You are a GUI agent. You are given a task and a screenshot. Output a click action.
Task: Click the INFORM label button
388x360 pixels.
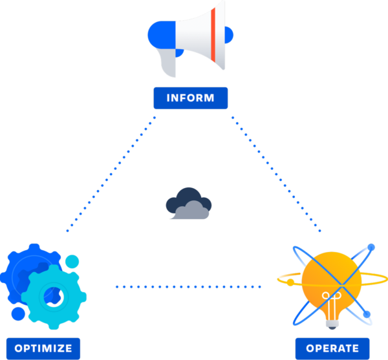coord(190,98)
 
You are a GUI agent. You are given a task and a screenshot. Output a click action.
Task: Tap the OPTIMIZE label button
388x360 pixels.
coord(43,348)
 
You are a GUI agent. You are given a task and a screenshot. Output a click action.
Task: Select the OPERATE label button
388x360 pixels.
coord(332,348)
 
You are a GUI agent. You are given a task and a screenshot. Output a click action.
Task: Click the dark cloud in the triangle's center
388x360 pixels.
coord(188,204)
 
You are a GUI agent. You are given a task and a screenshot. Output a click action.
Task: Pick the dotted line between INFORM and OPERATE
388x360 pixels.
coord(277,174)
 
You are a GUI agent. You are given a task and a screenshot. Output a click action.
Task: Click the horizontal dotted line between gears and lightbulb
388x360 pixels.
coord(188,286)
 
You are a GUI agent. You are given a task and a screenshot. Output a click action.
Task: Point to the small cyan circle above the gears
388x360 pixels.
coord(72,262)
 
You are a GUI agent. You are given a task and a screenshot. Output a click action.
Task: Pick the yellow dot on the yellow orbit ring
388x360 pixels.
coord(290,282)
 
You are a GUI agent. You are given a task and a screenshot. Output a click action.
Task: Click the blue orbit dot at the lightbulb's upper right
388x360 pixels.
coord(371,247)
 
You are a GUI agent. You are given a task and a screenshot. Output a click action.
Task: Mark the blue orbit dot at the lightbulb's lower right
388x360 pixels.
coord(367,315)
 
